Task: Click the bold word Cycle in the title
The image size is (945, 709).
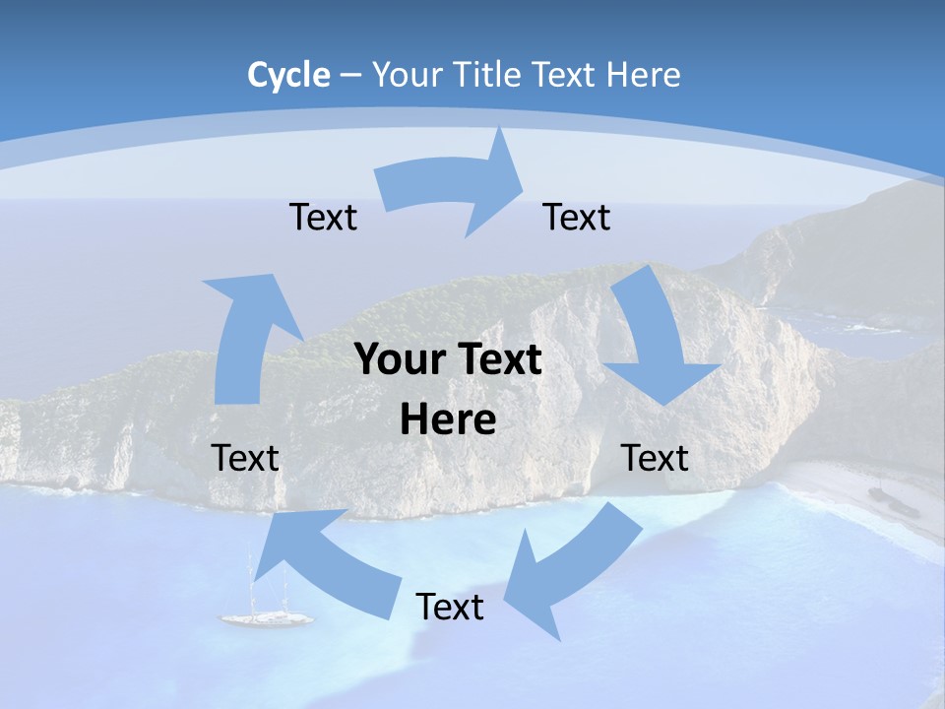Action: pos(288,75)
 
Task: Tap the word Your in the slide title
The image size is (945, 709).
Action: pos(406,75)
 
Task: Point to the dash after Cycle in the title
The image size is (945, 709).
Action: pos(350,76)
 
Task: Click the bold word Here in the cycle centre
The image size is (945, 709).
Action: pos(448,419)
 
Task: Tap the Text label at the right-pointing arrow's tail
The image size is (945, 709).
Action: pos(323,217)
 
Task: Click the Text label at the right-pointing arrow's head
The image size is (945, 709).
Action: pos(577,217)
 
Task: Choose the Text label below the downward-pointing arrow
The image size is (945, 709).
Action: pos(655,458)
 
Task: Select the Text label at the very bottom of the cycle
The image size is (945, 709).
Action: pos(450,607)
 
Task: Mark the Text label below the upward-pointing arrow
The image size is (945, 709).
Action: pos(245,458)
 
